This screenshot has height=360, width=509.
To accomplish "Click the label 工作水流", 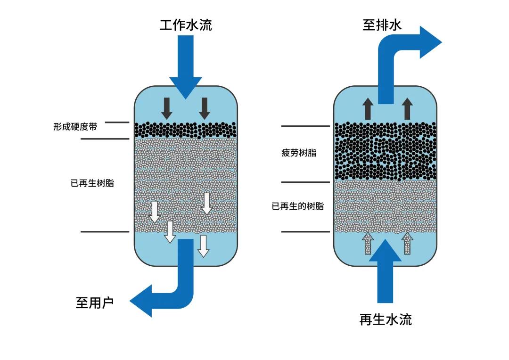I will click(x=186, y=25).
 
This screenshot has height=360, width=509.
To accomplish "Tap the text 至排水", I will click(x=382, y=25).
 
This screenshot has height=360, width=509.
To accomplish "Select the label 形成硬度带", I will click(x=75, y=127).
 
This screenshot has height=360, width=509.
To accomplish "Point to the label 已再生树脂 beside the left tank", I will click(x=92, y=183).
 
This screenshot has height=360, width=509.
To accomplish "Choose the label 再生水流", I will click(x=386, y=319).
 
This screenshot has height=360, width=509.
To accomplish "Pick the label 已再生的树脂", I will click(x=298, y=206).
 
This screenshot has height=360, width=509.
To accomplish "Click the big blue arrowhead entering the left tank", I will click(x=186, y=87).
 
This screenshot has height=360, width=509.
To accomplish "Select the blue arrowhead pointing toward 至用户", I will click(x=141, y=301).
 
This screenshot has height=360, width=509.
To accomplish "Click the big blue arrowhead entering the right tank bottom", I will click(x=385, y=251).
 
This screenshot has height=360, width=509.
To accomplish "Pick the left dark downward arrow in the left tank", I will click(x=166, y=108).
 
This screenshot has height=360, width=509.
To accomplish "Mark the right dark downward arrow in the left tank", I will click(x=204, y=108).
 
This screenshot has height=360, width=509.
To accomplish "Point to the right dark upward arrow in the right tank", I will click(x=408, y=108).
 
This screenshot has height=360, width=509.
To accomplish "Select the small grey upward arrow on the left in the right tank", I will click(x=367, y=244).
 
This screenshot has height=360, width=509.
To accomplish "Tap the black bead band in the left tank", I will click(x=186, y=130).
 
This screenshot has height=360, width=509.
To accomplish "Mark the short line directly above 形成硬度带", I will click(x=117, y=123).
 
